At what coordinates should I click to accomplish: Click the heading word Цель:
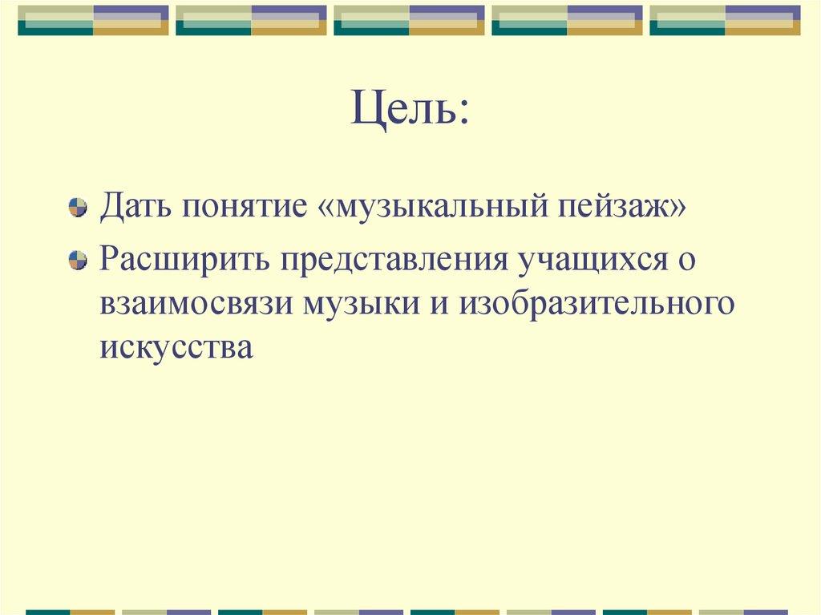pos(410,109)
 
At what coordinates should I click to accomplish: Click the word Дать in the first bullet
pos(135,206)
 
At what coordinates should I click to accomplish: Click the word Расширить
pos(184,260)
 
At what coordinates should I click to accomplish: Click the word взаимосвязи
pos(196,304)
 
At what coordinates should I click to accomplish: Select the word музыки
pos(362,304)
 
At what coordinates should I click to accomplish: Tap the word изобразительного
pos(597,304)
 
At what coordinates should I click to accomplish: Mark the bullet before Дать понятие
pos(78,207)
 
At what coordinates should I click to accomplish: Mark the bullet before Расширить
pos(78,261)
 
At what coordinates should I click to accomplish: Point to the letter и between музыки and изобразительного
pos(440,304)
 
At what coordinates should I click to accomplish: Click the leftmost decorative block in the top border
pos(93,20)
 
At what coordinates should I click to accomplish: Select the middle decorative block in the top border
pos(409,20)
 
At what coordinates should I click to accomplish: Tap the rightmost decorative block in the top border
pos(725,20)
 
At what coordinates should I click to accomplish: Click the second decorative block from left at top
pos(251,20)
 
